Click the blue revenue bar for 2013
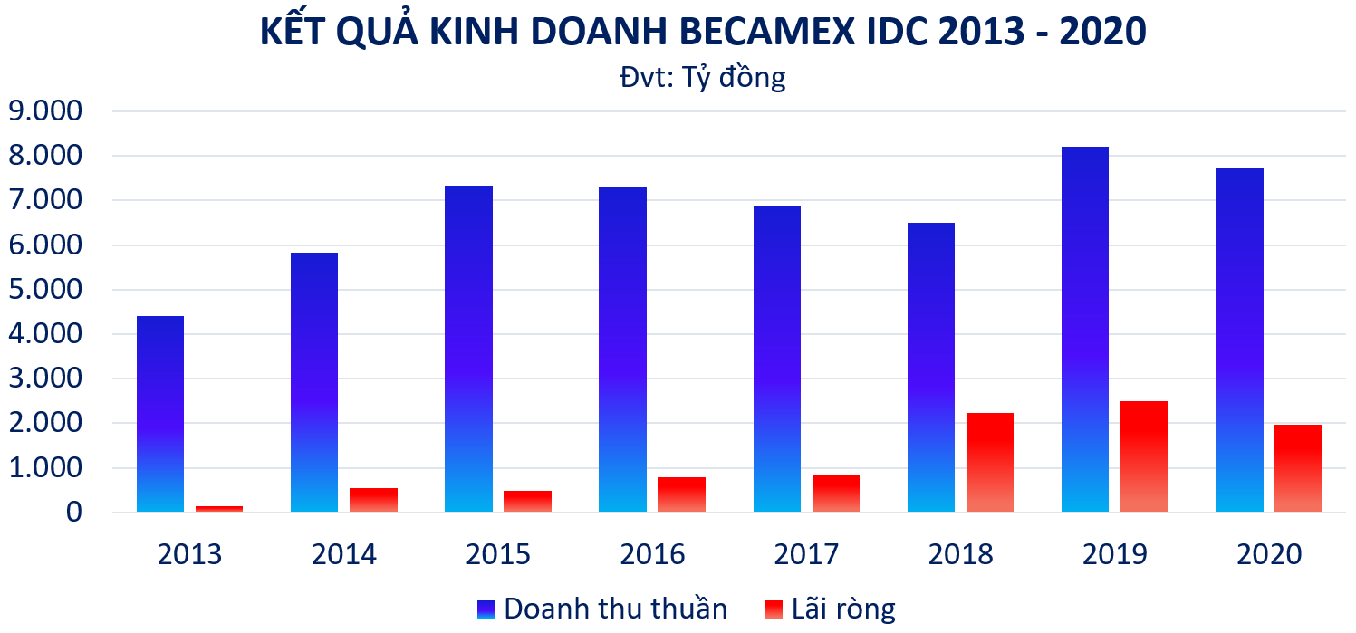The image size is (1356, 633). [x=160, y=414]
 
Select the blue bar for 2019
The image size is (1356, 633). [x=1085, y=330]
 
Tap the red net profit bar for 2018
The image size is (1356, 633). [x=990, y=463]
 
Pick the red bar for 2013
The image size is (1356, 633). [x=219, y=509]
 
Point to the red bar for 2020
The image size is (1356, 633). [x=1299, y=468]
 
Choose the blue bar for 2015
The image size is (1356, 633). [x=468, y=349]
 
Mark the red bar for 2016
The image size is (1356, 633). [x=682, y=494]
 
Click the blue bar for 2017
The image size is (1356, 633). [x=776, y=359]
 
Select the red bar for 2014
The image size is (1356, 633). [x=373, y=500]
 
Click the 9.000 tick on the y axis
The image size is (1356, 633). [x=45, y=110]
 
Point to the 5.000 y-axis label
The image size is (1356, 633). [x=45, y=289]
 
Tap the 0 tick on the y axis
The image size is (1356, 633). [x=74, y=513]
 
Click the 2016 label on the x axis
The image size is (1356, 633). [x=652, y=554]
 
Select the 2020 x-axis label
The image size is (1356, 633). [x=1269, y=554]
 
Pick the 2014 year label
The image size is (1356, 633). [x=344, y=554]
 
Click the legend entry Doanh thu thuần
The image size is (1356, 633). [x=602, y=609]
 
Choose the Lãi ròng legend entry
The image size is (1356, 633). [x=830, y=609]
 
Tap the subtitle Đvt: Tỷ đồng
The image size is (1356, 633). [x=702, y=78]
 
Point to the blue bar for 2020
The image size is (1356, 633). [x=1239, y=340]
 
